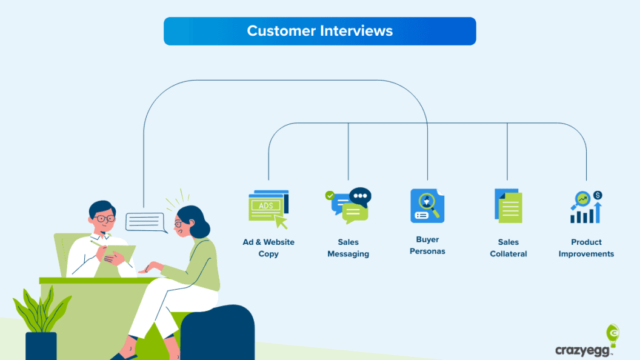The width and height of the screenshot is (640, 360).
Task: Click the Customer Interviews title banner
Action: tap(319, 31)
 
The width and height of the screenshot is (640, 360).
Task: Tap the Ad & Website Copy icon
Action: tap(268, 208)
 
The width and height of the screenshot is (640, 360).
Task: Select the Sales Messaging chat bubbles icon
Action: tap(349, 206)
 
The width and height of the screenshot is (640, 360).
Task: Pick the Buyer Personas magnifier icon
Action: tap(427, 205)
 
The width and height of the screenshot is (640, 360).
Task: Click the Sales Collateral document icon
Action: tap(508, 207)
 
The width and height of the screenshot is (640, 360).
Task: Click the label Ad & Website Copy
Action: tap(268, 248)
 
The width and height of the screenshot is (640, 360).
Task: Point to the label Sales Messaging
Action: tap(348, 248)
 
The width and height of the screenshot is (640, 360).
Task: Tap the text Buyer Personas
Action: tap(427, 245)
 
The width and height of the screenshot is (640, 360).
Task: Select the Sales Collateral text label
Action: tap(508, 248)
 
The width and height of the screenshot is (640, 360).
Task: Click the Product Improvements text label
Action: tap(586, 248)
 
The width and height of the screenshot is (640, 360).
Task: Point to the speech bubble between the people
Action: tap(145, 222)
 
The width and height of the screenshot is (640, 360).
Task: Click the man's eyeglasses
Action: tap(104, 218)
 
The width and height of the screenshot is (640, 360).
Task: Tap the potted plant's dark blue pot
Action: tap(41, 345)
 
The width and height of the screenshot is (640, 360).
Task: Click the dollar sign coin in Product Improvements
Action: tap(598, 195)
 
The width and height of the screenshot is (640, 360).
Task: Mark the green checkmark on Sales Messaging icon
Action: tap(330, 195)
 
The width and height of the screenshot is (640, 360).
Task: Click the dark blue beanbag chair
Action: tap(218, 333)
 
